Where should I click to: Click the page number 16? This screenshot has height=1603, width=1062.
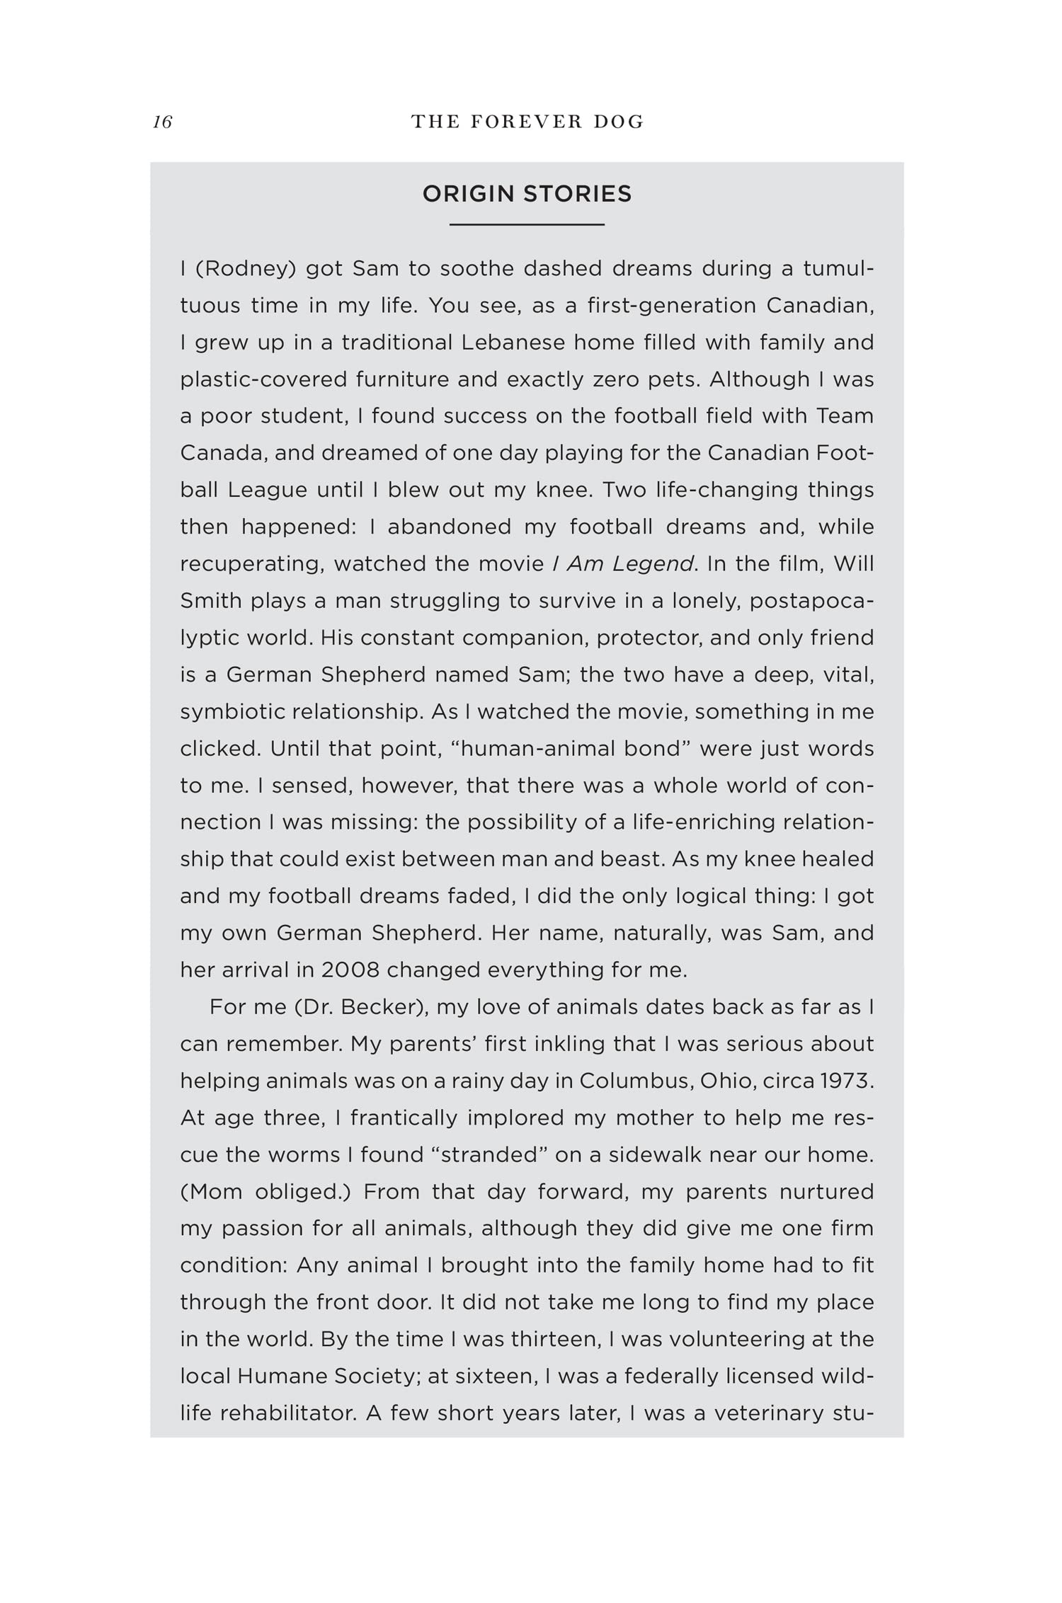click(x=162, y=122)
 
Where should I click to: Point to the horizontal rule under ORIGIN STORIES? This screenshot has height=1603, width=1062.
click(x=527, y=224)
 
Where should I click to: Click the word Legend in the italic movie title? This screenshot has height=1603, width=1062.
click(x=652, y=564)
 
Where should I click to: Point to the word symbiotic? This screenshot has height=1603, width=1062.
click(x=230, y=711)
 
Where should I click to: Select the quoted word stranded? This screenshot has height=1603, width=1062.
click(x=490, y=1154)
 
